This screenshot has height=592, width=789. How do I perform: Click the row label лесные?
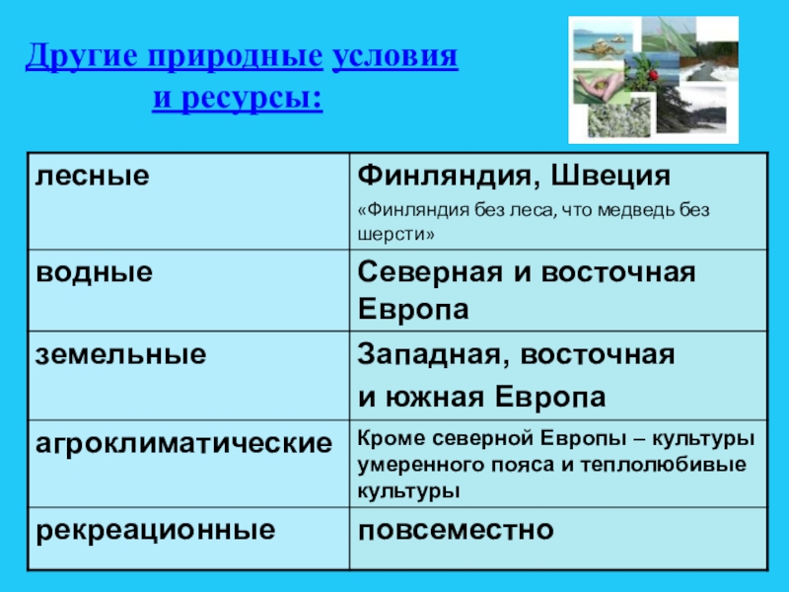[x=93, y=176]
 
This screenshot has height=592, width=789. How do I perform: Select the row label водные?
[x=94, y=272]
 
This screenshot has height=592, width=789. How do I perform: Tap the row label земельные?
[x=120, y=354]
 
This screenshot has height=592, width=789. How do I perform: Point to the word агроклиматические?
[x=184, y=443]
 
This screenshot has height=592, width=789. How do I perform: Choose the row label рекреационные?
[x=156, y=530]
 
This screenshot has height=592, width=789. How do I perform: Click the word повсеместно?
[x=456, y=530]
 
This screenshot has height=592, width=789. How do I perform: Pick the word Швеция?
[x=610, y=177]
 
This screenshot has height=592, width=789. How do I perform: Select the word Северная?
[x=430, y=272]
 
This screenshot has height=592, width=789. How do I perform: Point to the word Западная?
[x=434, y=355]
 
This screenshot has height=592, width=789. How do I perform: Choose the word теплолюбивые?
[x=664, y=464]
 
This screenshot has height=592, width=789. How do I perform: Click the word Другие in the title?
[x=82, y=56]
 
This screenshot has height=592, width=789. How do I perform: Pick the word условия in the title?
[x=395, y=56]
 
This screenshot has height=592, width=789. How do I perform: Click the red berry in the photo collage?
[x=654, y=75]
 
